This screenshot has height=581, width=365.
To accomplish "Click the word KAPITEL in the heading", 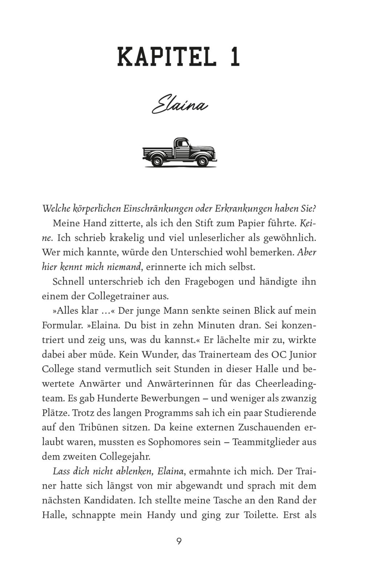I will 166,57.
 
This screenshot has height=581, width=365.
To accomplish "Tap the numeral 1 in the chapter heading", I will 235,57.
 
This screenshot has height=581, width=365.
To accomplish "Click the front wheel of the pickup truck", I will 202,160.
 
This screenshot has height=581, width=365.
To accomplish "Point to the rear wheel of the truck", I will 157,160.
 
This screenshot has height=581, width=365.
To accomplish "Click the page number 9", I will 179,541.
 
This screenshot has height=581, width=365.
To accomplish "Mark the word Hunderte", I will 112,398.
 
